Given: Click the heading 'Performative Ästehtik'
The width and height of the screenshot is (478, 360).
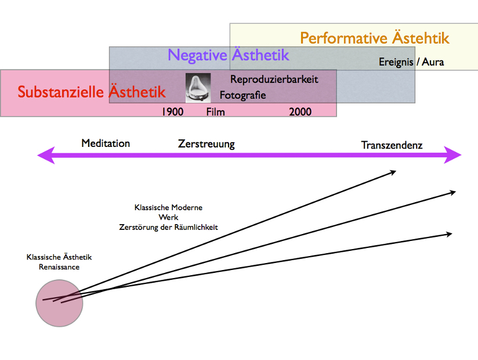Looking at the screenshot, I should click(375, 38).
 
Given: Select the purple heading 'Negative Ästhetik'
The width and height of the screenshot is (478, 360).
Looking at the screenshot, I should click(229, 55).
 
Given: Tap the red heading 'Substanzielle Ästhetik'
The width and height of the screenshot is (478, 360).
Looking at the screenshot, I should click(92, 92).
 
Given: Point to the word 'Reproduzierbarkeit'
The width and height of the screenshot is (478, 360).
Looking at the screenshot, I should click(274, 80).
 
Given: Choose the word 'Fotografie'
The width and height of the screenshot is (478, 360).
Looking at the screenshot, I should click(242, 95).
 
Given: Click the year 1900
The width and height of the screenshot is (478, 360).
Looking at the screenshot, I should click(172, 111).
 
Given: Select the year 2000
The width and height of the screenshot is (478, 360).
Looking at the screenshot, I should click(300, 111).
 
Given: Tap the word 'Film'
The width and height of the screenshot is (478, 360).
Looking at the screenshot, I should click(215, 111).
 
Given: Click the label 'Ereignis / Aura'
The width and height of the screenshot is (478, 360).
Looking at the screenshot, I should click(411, 62).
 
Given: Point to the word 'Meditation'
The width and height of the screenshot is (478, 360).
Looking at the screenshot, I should click(106, 143).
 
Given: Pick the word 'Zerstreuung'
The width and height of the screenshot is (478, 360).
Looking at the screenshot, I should click(207, 143).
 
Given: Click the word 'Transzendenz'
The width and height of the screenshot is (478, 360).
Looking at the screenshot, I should click(392, 145).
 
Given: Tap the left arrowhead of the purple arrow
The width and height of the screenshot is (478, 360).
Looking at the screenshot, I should click(44, 155).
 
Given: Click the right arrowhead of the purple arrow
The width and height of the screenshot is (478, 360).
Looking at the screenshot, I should click(454, 155).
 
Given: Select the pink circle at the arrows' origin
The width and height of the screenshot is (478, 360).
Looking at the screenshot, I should click(59, 302).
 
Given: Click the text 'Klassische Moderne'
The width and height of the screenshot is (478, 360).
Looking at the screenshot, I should click(168, 207).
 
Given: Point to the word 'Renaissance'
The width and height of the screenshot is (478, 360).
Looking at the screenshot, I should click(59, 267).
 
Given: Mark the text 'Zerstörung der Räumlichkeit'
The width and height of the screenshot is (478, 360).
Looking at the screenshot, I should click(168, 227).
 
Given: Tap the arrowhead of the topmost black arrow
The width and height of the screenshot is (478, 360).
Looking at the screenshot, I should click(393, 172).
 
